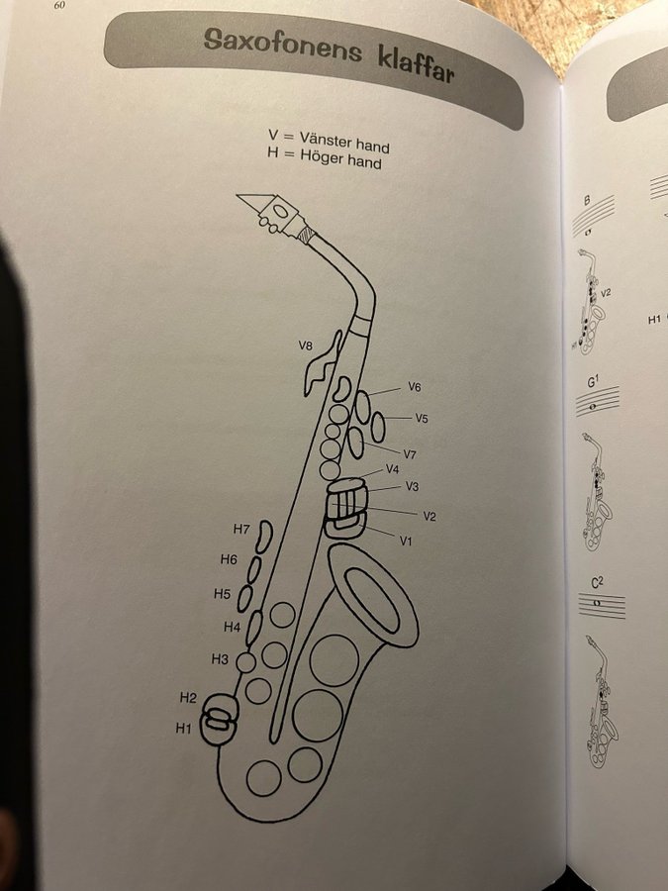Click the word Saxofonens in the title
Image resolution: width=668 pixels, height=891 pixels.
(282, 45)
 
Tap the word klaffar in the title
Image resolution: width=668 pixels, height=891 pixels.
(416, 65)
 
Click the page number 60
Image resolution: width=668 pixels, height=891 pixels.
(59, 6)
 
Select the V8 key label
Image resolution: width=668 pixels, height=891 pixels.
(305, 345)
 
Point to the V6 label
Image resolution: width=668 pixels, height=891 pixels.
(415, 387)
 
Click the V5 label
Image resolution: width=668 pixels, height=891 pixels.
(421, 418)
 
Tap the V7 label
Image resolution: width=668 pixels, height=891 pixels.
(410, 454)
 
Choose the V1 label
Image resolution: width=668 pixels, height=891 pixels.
(406, 541)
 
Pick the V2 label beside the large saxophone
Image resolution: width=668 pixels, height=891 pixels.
(429, 516)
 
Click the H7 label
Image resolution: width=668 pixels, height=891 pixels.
(241, 529)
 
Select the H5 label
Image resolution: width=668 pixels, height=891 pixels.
(222, 594)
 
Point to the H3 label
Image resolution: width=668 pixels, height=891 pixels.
(220, 658)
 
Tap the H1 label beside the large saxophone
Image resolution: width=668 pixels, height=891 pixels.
(183, 728)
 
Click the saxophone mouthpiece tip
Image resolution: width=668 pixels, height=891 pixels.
(238, 197)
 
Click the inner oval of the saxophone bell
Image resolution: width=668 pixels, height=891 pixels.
(373, 600)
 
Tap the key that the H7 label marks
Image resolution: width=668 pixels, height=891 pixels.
(263, 537)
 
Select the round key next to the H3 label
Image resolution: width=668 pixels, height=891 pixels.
(246, 662)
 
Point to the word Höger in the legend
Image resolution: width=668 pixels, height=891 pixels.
(321, 155)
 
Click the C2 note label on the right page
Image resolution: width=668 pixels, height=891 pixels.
(597, 582)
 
